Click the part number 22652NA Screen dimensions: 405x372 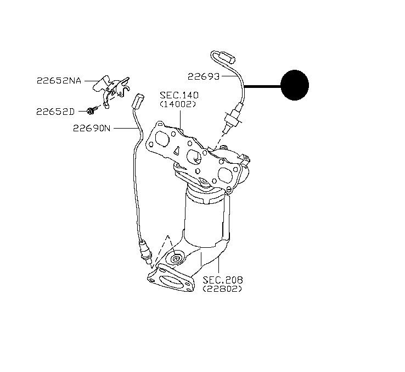pos(59,81)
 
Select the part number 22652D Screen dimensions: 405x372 pos(55,112)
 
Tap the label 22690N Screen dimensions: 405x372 pos(92,128)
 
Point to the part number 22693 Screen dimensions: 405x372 pos(204,76)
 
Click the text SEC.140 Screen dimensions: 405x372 pos(179,95)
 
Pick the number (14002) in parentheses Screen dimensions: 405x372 pos(178,104)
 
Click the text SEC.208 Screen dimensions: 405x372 pos(223,280)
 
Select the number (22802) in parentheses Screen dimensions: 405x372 pos(222,288)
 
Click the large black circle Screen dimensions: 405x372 pos(295,85)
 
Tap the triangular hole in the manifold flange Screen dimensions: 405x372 pos(177,151)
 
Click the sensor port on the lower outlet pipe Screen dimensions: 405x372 pos(177,257)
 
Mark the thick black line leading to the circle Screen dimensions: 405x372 pos(262,86)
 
